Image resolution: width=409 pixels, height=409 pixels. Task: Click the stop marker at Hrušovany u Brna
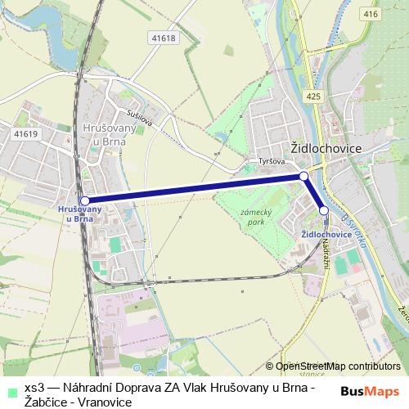84,200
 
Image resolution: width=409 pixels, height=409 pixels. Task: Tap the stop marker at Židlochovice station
324,211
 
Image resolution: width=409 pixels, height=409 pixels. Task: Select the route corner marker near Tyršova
303,176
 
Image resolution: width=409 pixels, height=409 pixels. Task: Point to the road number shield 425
313,96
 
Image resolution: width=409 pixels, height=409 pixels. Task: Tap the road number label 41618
164,38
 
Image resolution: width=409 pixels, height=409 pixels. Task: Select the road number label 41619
25,133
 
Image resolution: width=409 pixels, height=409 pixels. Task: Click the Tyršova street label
270,161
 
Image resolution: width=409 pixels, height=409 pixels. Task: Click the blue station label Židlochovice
326,234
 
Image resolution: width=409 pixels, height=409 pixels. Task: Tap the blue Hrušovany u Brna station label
80,214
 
